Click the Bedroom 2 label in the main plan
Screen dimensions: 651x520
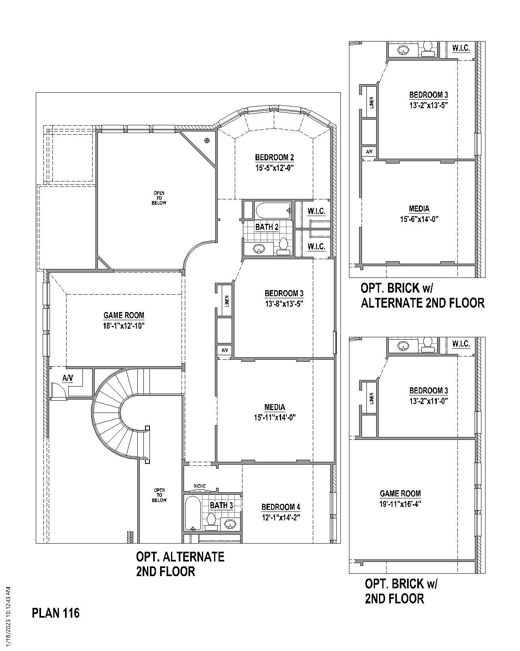274,157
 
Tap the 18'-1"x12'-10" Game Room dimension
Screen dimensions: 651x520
124,326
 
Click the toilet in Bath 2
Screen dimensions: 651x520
284,246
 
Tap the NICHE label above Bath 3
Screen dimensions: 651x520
199,486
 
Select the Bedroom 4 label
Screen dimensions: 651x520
281,507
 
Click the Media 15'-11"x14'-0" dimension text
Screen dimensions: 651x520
275,417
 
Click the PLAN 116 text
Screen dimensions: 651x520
56,613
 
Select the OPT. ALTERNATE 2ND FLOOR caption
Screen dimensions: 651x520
180,564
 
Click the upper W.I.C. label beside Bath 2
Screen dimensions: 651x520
316,211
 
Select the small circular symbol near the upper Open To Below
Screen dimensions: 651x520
207,141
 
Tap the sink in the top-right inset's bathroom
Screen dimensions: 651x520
403,50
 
